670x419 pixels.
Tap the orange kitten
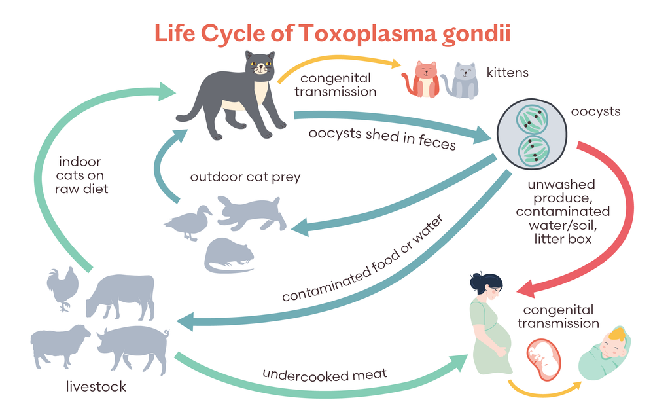[x=422, y=79]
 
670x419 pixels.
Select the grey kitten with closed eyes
[x=461, y=81]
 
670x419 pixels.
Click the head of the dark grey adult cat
[x=260, y=65]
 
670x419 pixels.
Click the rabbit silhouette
[x=251, y=213]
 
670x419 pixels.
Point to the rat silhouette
[x=229, y=255]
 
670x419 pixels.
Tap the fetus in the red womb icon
[x=542, y=359]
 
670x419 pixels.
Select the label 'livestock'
[x=96, y=386]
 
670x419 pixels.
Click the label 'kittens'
[x=507, y=72]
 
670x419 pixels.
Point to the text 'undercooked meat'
[x=325, y=375]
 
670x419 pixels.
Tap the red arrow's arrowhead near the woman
[x=529, y=288]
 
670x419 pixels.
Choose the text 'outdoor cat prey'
[x=245, y=177]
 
